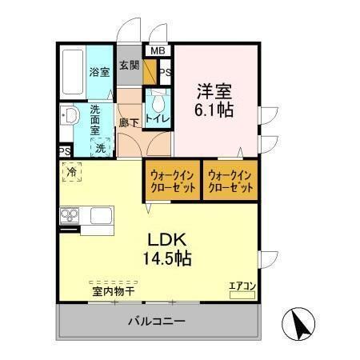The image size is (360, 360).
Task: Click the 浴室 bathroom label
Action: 99,72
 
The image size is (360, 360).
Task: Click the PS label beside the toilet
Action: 164,74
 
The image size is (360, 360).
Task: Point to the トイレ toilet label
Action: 158,121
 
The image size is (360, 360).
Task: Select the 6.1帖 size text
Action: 213,110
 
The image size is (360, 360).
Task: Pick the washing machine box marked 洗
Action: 101,147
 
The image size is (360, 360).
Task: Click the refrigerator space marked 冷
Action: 73,170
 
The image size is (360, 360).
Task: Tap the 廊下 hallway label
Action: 128,122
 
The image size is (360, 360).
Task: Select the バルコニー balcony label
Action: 158,322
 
